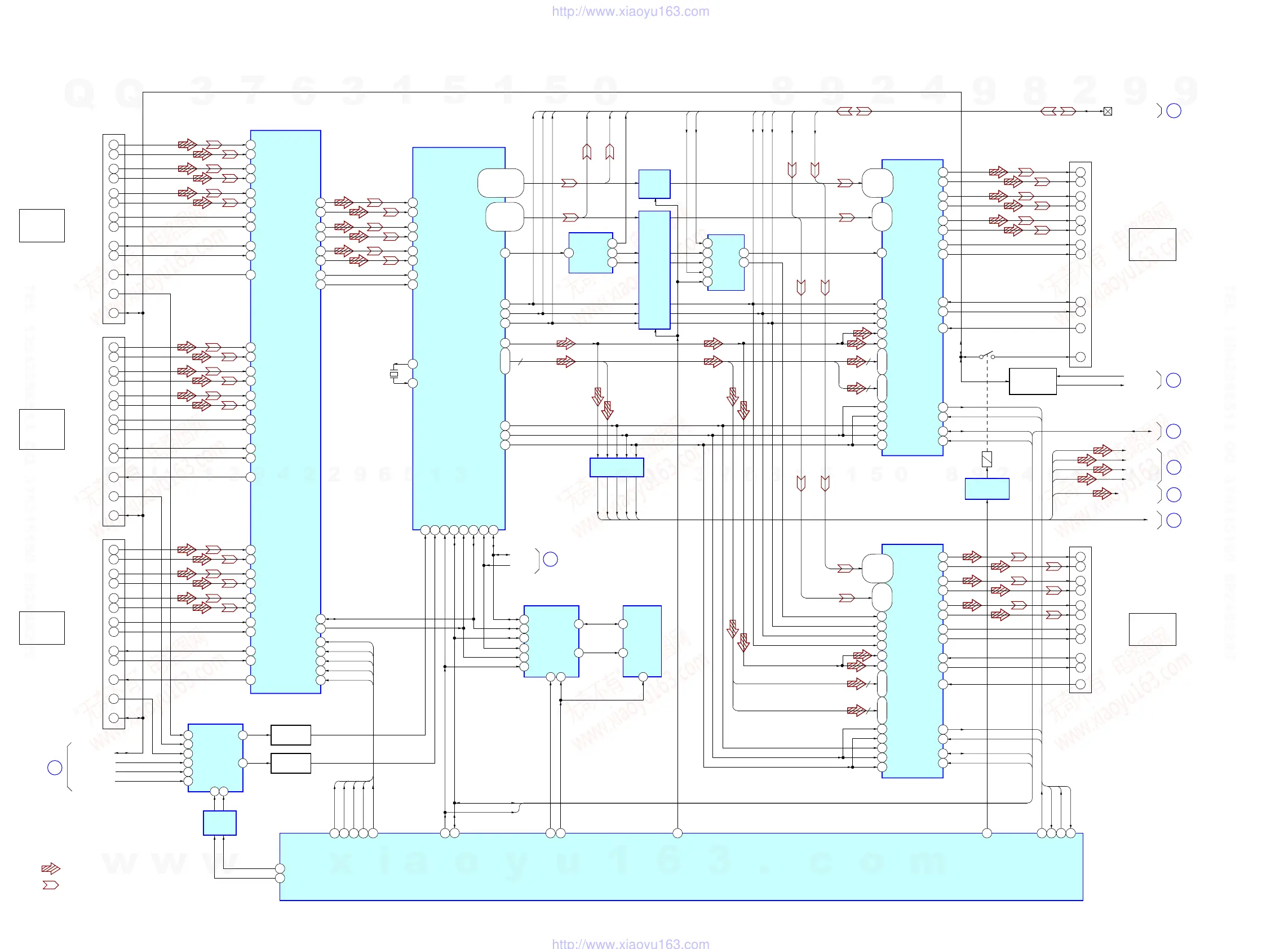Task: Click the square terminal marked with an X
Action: pos(1108,111)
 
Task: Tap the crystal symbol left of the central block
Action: pos(393,374)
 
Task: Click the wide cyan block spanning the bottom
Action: pos(681,866)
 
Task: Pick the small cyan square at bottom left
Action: pos(220,823)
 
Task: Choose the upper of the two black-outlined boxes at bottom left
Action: pos(290,735)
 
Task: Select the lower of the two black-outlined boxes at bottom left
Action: pos(290,763)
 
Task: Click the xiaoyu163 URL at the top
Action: pos(630,11)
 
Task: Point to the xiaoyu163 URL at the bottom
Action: pos(630,944)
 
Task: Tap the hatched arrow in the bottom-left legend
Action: pos(50,868)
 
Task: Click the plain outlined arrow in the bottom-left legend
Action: pos(50,885)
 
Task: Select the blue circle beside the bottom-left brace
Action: pos(55,768)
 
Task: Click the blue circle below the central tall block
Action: pos(550,560)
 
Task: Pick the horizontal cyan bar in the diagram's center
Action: pos(616,467)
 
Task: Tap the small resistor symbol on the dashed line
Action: pos(987,459)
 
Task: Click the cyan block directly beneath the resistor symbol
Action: pos(987,489)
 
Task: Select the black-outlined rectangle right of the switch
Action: pos(1033,382)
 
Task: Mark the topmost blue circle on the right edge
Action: pos(1174,110)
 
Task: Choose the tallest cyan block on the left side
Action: pos(285,412)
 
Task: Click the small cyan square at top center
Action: pos(654,184)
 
